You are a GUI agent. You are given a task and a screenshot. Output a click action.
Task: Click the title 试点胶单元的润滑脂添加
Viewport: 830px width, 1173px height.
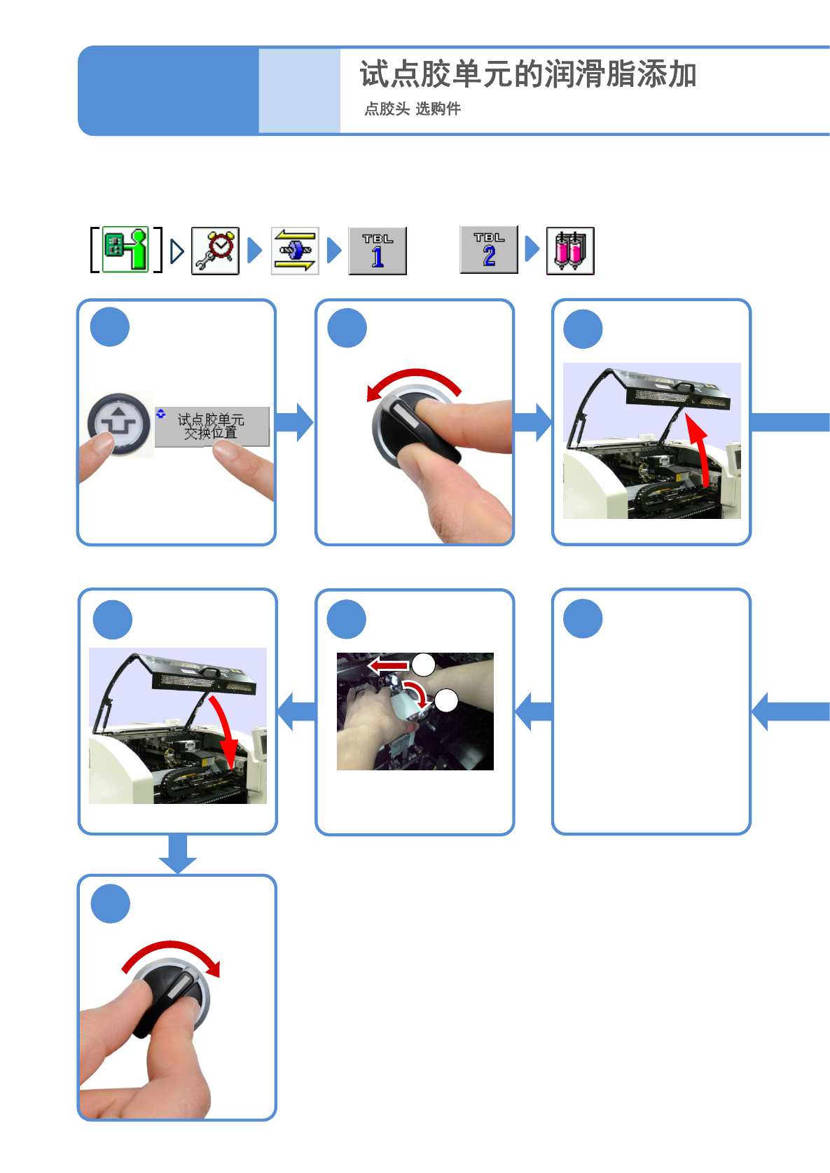click(x=528, y=74)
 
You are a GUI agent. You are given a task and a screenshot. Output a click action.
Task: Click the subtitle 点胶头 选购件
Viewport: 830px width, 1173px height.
click(x=413, y=109)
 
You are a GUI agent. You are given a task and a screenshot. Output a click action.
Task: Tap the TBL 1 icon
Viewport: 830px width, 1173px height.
click(x=378, y=251)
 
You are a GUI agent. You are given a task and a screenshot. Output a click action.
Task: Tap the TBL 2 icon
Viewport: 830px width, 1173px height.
click(x=489, y=249)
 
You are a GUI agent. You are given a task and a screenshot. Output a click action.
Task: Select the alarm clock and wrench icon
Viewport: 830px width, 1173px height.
click(x=216, y=251)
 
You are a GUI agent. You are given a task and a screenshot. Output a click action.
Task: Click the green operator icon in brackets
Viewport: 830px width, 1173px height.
click(x=126, y=249)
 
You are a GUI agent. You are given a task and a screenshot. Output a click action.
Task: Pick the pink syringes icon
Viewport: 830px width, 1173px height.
click(x=570, y=251)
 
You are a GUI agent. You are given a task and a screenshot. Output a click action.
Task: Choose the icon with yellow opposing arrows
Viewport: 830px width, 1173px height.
click(x=295, y=251)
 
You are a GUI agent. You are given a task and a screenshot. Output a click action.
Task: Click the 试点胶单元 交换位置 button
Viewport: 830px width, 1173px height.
click(x=212, y=426)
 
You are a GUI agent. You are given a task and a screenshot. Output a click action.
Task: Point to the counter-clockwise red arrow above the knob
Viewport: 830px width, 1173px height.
click(x=413, y=380)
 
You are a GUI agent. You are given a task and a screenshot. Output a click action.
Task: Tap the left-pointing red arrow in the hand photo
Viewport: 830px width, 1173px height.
click(x=389, y=665)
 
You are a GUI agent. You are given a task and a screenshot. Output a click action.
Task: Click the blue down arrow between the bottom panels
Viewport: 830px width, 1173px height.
click(x=178, y=854)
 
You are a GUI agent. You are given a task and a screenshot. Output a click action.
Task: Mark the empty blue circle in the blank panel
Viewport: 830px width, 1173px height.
click(x=583, y=618)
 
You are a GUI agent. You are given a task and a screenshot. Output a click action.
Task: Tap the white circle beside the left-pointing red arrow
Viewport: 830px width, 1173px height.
click(x=424, y=664)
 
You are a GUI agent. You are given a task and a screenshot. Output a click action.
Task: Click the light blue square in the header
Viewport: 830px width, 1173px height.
click(x=299, y=90)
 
